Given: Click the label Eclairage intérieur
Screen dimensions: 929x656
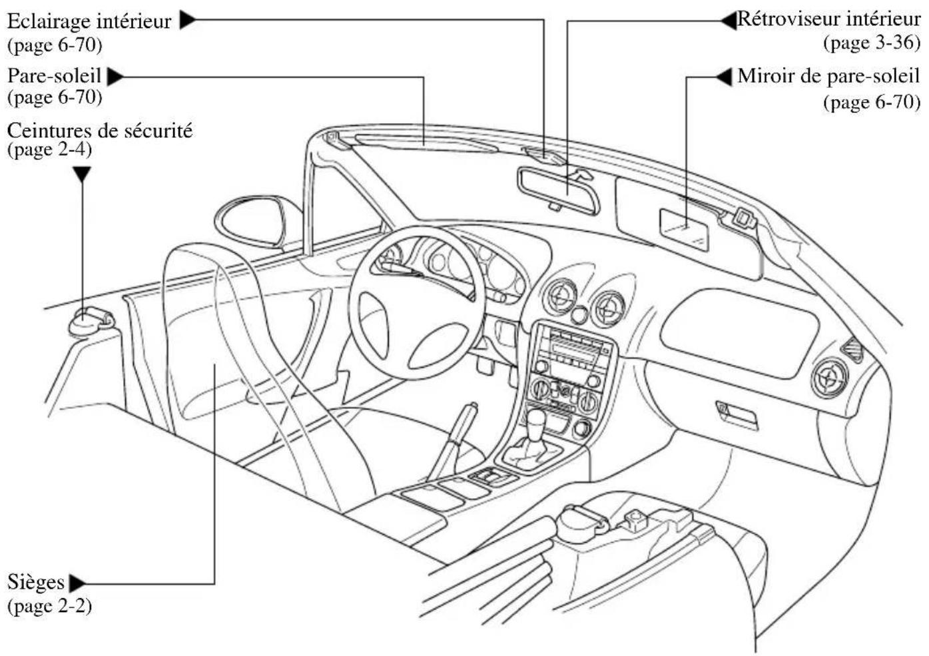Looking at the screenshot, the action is coord(89,21).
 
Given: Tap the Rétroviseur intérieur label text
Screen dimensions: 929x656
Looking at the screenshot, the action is coord(828,19).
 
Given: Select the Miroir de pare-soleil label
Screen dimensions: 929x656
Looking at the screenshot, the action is coord(828,77).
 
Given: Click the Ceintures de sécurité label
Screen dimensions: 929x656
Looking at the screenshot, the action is coord(100,131).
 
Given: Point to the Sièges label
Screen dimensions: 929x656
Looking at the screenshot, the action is coord(36,582).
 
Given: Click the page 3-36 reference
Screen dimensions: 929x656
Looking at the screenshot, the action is coord(872,43).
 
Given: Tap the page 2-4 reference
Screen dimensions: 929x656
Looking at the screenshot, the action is coord(49,150).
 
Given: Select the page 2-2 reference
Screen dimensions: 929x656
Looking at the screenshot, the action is coord(49,607).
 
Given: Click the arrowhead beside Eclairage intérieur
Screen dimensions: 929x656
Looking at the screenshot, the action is coord(187,20).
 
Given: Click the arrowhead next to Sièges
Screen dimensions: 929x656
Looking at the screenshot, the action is coord(77,583).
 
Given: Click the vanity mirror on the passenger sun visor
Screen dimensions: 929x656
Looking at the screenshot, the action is coord(684,230).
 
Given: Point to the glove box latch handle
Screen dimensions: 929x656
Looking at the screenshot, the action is coord(737,416).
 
